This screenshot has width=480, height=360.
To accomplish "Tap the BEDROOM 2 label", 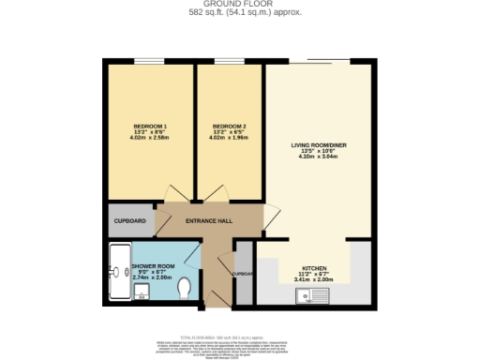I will coord(228,127).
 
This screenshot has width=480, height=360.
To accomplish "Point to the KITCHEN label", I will coord(313,268).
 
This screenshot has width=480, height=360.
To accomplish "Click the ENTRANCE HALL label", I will coord(209,221).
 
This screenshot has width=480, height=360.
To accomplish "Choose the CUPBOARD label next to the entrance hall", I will coord(129,221).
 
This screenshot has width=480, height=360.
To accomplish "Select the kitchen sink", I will coord(311,297).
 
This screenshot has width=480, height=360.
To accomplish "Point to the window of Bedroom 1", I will coord(149,63).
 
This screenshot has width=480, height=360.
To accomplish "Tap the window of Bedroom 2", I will coord(228,63).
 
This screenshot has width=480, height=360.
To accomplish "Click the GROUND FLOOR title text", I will coord(239,5).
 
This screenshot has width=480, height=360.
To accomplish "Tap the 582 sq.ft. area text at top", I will coord(239,13).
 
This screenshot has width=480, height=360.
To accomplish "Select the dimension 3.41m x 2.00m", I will coord(313,279).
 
